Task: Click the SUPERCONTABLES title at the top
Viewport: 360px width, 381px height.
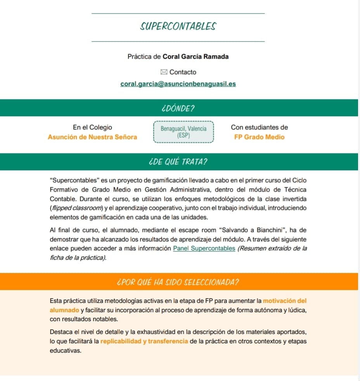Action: click(178, 26)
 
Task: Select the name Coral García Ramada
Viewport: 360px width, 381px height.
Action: click(196, 56)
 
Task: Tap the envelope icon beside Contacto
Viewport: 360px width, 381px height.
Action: click(164, 72)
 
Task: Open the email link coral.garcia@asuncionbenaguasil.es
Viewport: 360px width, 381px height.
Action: click(178, 84)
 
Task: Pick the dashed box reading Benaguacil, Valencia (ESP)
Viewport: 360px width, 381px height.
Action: click(183, 132)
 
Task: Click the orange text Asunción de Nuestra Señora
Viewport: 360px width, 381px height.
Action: click(92, 137)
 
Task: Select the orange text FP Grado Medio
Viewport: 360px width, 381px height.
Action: click(259, 137)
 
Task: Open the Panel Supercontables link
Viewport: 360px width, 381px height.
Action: click(204, 249)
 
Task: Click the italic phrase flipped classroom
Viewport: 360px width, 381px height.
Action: click(71, 208)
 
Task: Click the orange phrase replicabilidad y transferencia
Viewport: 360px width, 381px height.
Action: click(144, 341)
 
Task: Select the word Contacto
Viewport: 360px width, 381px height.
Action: click(183, 72)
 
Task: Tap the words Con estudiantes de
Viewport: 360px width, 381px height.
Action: click(259, 127)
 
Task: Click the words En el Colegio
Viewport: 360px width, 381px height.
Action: click(92, 127)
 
